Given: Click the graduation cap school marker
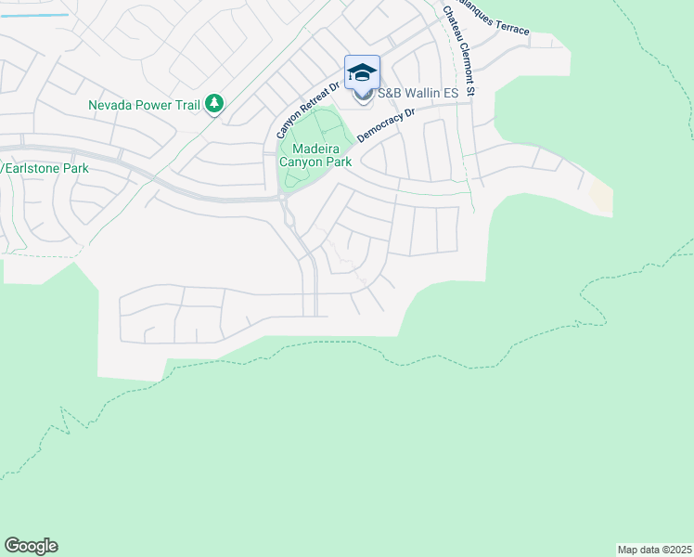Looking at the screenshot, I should tap(362, 72).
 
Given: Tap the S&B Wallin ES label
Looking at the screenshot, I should tap(417, 93).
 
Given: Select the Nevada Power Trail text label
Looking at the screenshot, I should tap(145, 105).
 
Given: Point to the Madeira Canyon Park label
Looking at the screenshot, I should tap(315, 155).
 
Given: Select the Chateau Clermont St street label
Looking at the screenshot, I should tap(458, 53).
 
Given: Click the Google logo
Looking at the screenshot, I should tap(31, 546).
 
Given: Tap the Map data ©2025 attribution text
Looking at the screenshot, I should tap(655, 549).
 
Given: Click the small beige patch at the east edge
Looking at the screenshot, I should tap(601, 196).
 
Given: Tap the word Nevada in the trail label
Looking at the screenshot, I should tap(110, 105).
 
